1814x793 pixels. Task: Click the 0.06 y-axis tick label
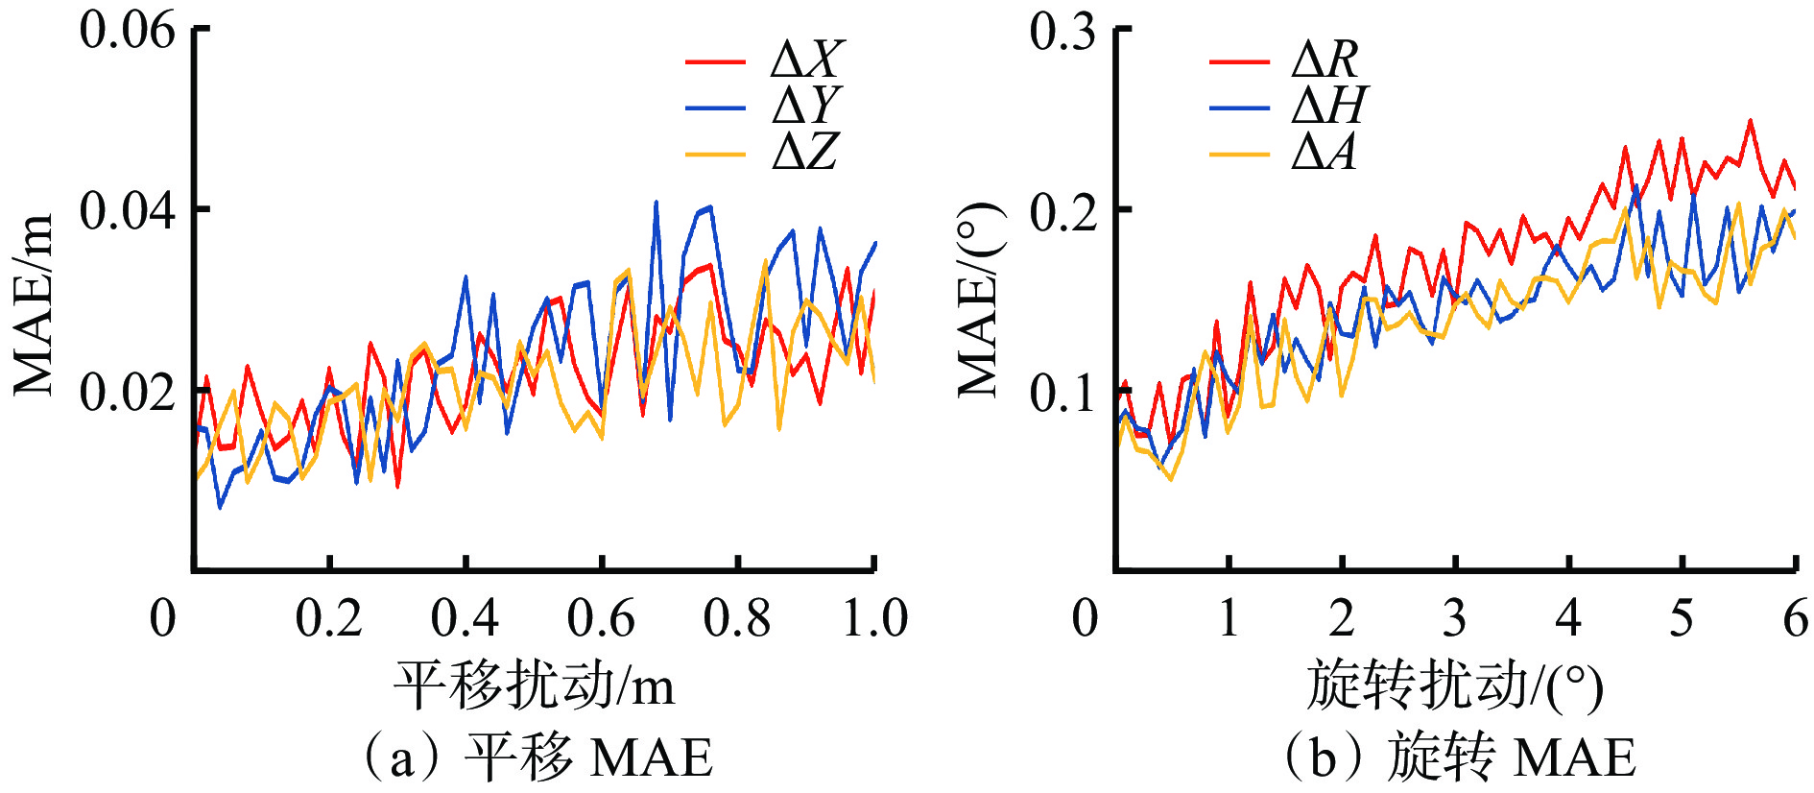(128, 31)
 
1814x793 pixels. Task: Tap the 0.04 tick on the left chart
(128, 210)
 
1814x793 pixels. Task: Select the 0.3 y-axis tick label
(1062, 31)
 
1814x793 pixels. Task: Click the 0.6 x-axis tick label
(601, 617)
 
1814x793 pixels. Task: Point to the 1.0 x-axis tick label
(874, 617)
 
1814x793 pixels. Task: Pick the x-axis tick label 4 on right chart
(1568, 617)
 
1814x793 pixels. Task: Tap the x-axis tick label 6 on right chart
(1795, 617)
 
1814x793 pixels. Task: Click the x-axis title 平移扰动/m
(534, 685)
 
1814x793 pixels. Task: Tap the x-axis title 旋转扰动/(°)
(1454, 685)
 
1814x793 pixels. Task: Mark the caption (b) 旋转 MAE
(1459, 757)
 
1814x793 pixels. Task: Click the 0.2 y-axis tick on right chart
(1062, 210)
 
